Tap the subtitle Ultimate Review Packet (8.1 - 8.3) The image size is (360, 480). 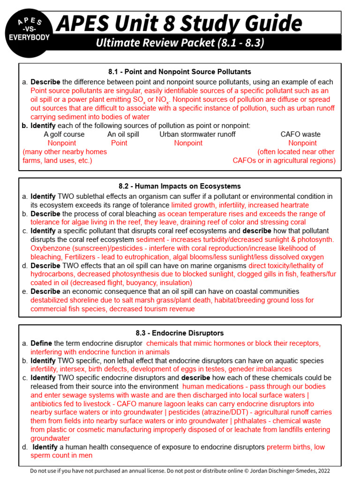[x=180, y=43]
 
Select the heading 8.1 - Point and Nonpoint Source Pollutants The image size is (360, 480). [x=180, y=72]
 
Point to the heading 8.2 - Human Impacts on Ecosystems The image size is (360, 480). [x=180, y=186]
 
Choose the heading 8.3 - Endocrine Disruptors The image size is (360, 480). [x=180, y=333]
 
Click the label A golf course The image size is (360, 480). [x=64, y=134]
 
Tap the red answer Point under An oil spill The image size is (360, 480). [x=119, y=143]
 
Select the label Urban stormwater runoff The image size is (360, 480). [x=197, y=134]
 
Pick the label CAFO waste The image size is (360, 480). [x=300, y=134]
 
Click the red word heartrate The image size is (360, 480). [x=293, y=205]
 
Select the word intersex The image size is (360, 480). [x=76, y=369]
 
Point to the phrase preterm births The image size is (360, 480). [x=288, y=447]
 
